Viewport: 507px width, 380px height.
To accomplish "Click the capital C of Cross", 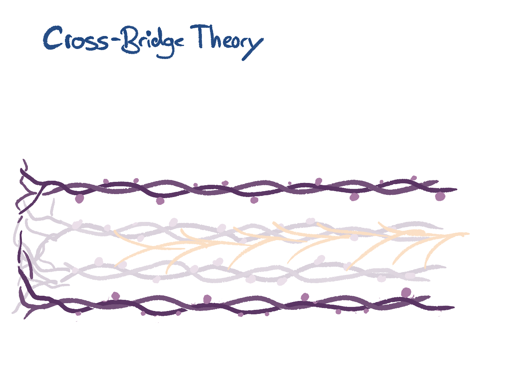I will (x=52, y=38).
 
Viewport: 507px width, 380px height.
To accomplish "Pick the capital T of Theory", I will (x=201, y=36).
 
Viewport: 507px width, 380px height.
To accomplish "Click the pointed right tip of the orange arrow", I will (x=469, y=233).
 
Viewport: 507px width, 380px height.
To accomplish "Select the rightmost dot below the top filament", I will (x=440, y=196).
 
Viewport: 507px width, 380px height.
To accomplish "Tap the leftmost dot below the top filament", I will (x=79, y=199).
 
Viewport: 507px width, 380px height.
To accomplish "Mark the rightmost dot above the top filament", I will (x=414, y=178).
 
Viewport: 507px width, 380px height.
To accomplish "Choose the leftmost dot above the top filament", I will (x=106, y=181).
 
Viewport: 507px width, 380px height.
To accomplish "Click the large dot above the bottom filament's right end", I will (x=406, y=293).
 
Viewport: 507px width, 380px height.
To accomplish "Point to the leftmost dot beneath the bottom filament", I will (x=78, y=314).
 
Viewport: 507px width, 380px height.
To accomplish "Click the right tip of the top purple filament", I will (x=457, y=189).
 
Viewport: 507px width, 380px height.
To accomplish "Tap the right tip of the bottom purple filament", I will (x=454, y=307).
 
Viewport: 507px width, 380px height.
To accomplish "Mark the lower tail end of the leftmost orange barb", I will (x=115, y=266).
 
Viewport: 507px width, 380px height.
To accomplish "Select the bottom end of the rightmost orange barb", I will (x=425, y=268).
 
